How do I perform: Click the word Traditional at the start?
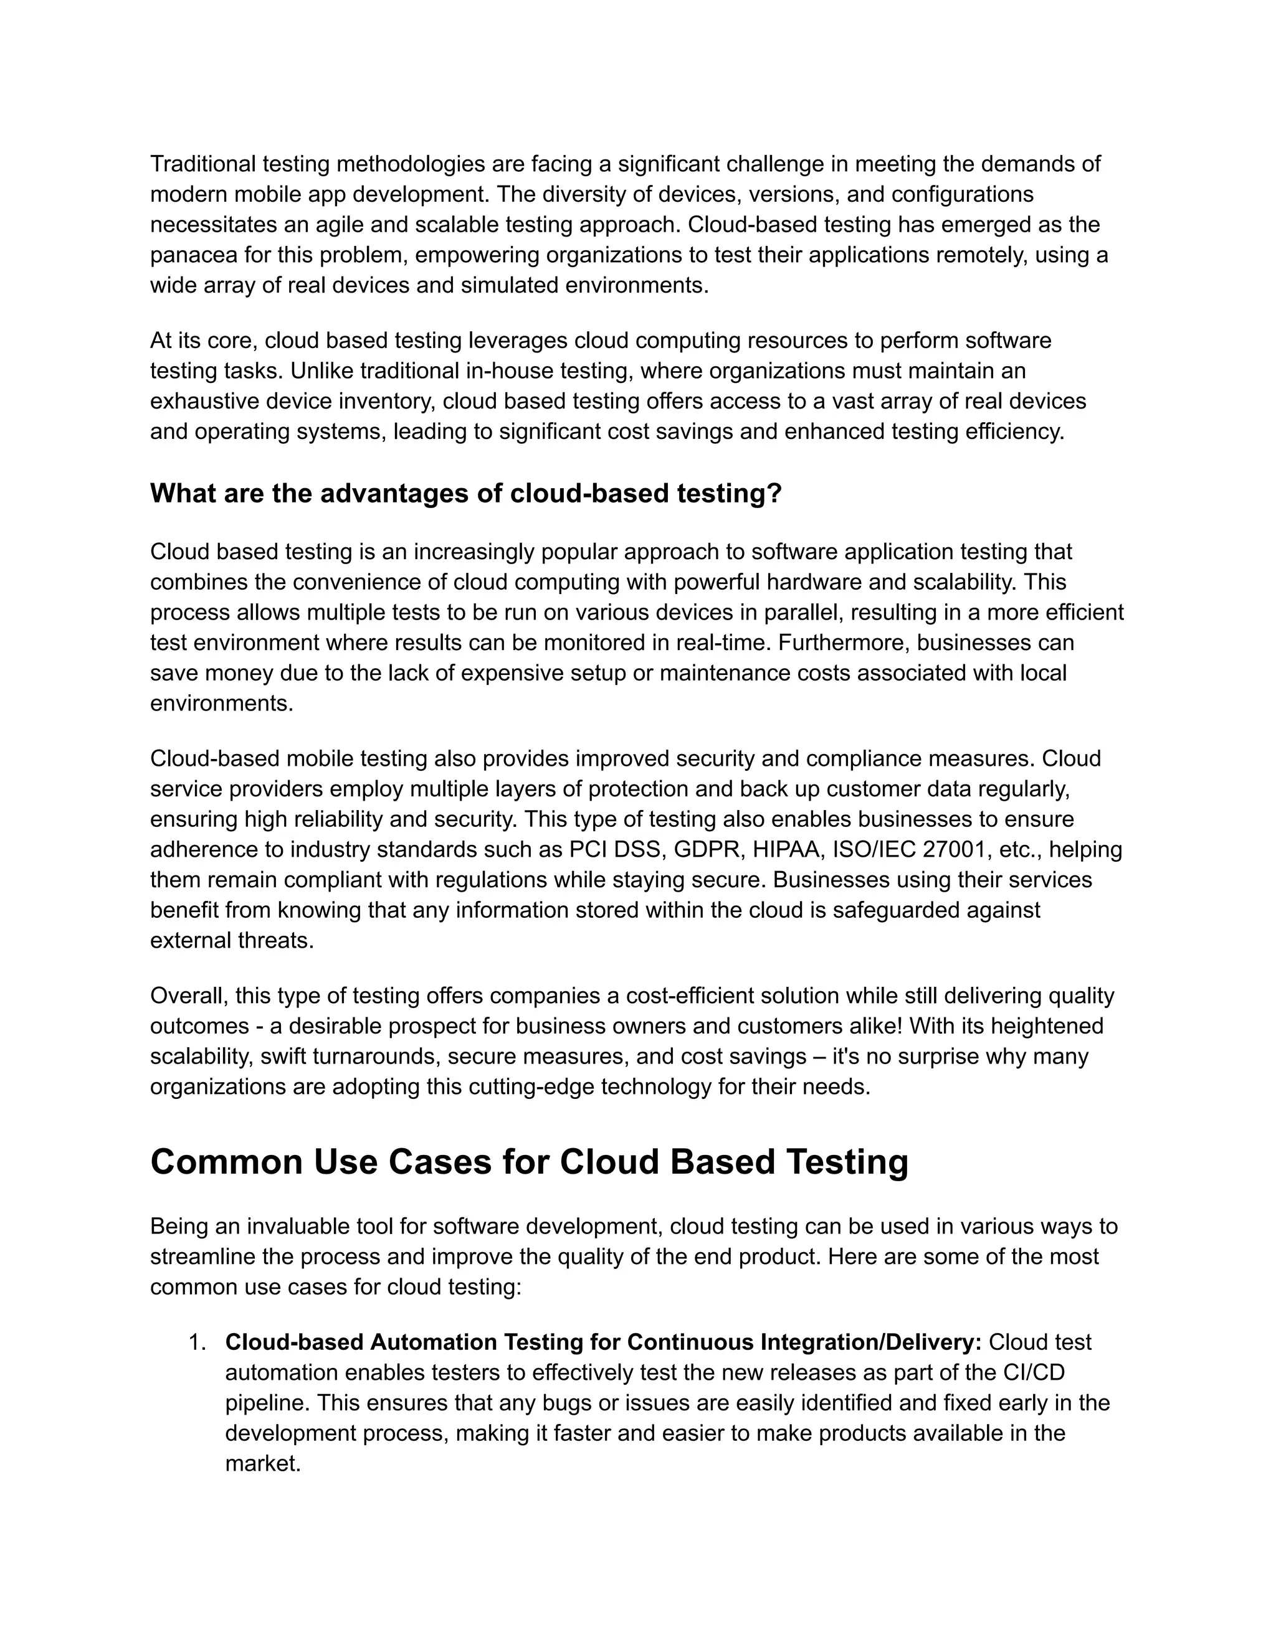pos(202,163)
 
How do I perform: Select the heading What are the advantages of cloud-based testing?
pos(465,493)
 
